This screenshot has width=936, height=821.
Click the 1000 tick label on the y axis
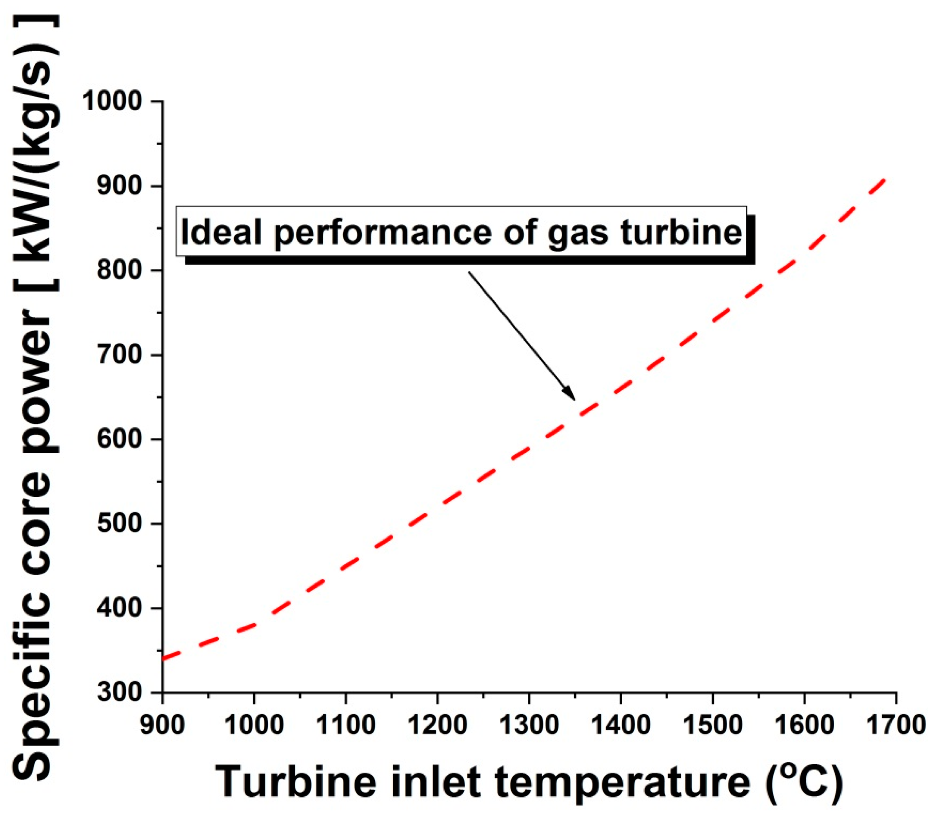tap(112, 101)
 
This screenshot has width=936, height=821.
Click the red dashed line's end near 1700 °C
tap(886, 180)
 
